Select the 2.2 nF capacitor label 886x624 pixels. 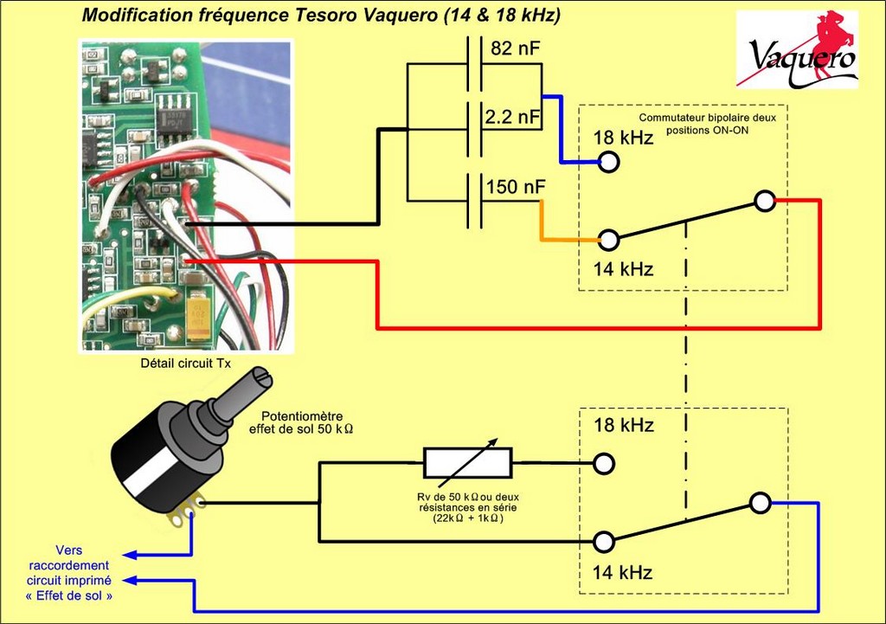[515, 117]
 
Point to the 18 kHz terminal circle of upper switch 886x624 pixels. [609, 162]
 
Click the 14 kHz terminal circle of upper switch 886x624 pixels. [609, 240]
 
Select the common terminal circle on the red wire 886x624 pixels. [764, 201]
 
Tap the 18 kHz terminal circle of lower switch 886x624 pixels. [604, 463]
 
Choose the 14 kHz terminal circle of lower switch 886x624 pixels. [604, 542]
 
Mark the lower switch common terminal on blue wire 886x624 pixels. [760, 502]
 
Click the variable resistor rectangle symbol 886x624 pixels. [467, 463]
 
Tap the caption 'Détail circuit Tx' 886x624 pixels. [186, 363]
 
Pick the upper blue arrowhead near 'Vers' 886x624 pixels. [126, 555]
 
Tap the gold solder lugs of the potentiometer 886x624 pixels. [188, 510]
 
